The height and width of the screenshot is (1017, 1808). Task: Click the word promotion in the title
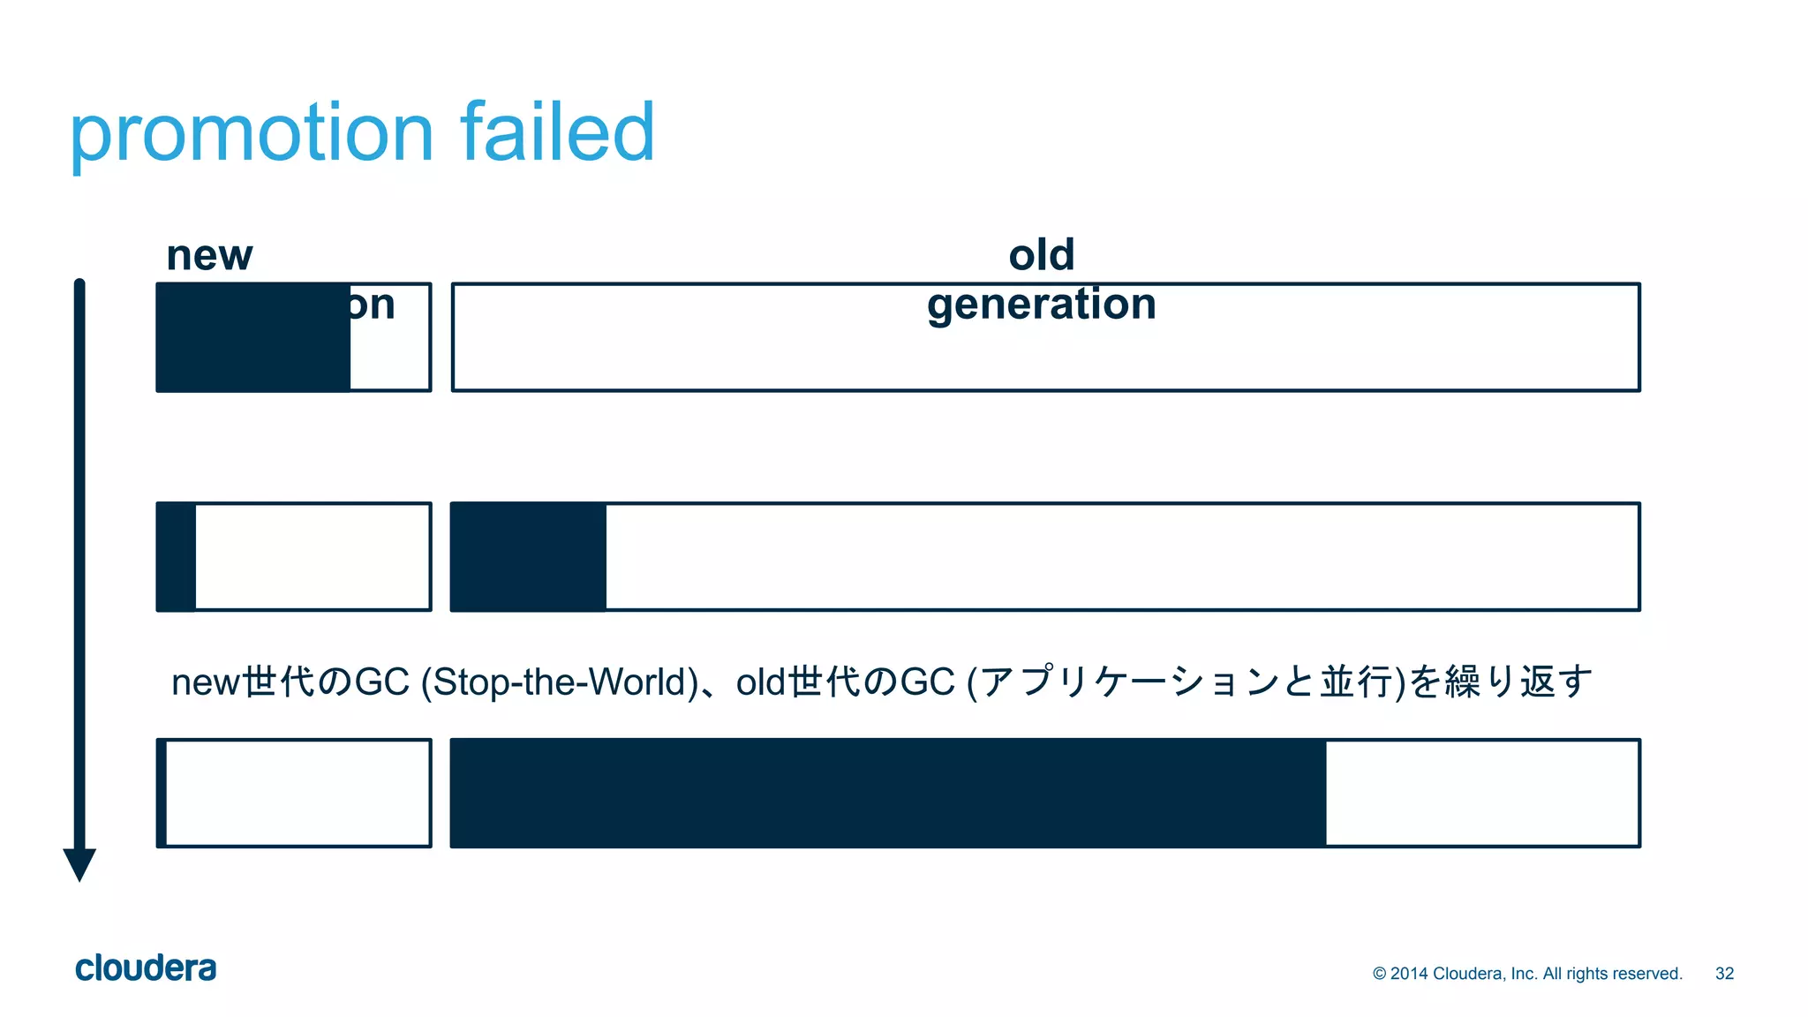pos(252,134)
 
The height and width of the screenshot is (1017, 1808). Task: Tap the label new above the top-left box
pos(209,256)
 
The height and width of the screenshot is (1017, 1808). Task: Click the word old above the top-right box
pos(1042,255)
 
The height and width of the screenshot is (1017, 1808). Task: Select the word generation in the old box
pos(1042,305)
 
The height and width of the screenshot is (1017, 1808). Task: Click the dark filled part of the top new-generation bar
pos(253,337)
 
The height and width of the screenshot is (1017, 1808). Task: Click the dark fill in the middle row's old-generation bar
pos(529,557)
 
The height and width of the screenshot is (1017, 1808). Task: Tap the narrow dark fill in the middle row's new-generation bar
pos(177,557)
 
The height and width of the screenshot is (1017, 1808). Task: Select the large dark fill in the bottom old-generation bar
pos(887,794)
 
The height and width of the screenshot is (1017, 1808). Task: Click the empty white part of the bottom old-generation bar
pos(1481,794)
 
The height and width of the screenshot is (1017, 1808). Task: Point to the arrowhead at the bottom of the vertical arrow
pos(79,863)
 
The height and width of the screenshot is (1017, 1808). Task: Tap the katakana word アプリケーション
pos(1129,682)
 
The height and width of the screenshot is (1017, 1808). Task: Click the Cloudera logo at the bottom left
pos(146,968)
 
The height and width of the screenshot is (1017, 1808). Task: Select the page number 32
pos(1724,974)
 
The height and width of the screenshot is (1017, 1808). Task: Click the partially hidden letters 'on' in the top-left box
pos(372,306)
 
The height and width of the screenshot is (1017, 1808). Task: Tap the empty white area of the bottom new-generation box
pos(298,794)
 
